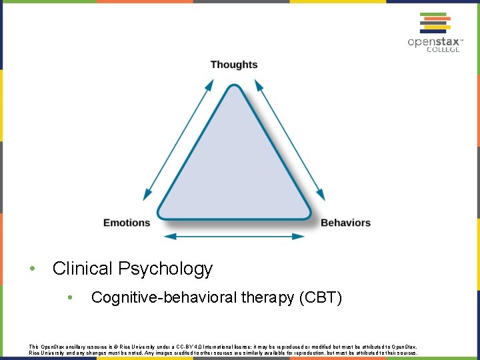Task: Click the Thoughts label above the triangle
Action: pyautogui.click(x=233, y=65)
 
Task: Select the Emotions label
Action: pyautogui.click(x=127, y=223)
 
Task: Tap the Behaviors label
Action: pyautogui.click(x=345, y=223)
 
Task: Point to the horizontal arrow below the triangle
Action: pyautogui.click(x=234, y=236)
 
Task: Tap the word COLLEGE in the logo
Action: pyautogui.click(x=443, y=50)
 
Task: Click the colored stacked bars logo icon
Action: pyautogui.click(x=434, y=23)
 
